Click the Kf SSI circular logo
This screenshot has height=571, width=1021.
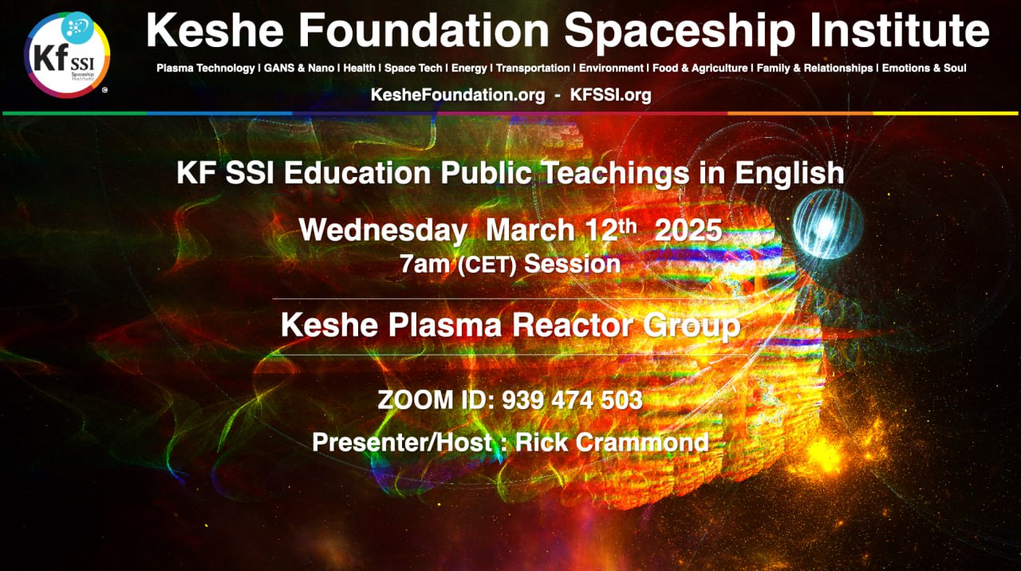click(x=67, y=55)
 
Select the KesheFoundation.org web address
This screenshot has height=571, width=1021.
click(x=458, y=95)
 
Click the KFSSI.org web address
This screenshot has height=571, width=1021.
click(x=611, y=95)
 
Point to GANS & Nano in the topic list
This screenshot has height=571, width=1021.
click(x=299, y=69)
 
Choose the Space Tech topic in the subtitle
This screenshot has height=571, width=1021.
click(x=413, y=69)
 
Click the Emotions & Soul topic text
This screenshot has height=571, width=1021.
click(x=924, y=69)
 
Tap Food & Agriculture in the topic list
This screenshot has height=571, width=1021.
click(x=700, y=69)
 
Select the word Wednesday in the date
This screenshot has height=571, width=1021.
click(x=384, y=230)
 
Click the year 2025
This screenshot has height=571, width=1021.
click(x=688, y=230)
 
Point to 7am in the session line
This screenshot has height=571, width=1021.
click(x=424, y=264)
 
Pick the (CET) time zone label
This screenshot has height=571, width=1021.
click(x=487, y=265)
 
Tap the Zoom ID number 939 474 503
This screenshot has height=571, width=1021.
click(x=572, y=400)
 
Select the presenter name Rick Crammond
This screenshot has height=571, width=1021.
click(x=612, y=442)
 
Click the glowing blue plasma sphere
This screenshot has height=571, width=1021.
click(x=828, y=225)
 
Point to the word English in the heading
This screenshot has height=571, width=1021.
click(x=789, y=174)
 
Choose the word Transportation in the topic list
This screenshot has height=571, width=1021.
click(x=533, y=69)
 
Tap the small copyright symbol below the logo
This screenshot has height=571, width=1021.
click(x=104, y=90)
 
